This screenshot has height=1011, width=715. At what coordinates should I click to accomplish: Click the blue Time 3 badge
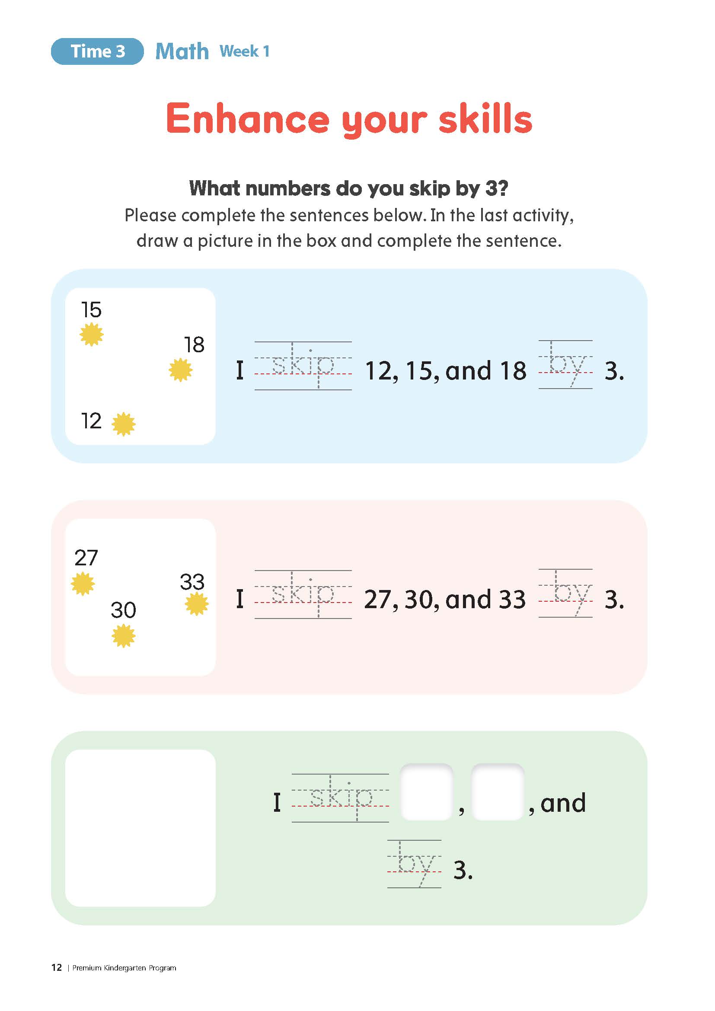[97, 51]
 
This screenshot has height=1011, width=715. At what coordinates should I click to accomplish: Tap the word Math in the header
[182, 51]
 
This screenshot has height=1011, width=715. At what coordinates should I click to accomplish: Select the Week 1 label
[244, 51]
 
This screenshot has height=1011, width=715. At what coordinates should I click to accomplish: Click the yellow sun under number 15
[92, 334]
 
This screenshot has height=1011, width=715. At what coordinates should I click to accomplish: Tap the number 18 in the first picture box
[194, 345]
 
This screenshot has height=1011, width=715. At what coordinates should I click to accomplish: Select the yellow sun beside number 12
[123, 424]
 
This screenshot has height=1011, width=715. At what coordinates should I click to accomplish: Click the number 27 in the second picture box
[86, 558]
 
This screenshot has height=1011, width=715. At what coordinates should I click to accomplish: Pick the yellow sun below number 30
[123, 636]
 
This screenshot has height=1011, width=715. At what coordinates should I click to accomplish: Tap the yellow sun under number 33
[196, 604]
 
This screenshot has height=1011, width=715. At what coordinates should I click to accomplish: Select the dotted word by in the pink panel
[568, 593]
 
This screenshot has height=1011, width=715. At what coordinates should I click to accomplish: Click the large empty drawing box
[140, 828]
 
